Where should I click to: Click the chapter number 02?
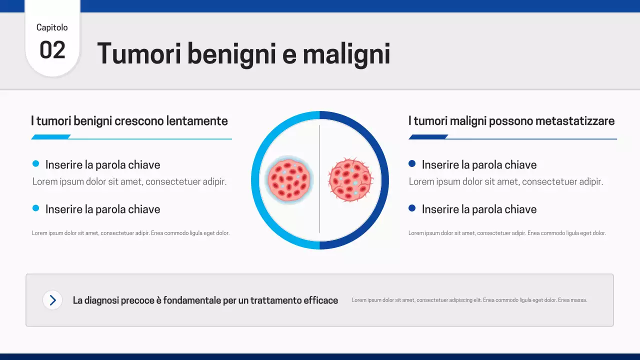tap(52, 50)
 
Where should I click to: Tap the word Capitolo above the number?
tap(52, 27)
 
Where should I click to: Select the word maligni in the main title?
tap(346, 53)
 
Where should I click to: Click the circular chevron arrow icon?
tap(52, 300)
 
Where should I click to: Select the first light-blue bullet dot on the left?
tap(35, 163)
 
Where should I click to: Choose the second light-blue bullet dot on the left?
tap(35, 208)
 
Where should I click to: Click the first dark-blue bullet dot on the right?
tap(412, 163)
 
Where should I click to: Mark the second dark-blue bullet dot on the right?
tap(412, 208)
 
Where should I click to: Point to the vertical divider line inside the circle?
tap(319, 210)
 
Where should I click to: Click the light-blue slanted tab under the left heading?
tap(51, 137)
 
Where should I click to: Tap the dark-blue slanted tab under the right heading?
tap(428, 137)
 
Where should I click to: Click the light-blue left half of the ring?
tap(255, 180)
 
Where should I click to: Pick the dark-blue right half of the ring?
tap(384, 180)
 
